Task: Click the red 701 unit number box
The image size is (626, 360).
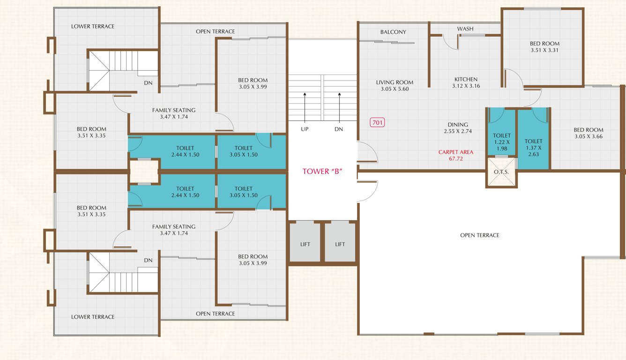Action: click(x=377, y=123)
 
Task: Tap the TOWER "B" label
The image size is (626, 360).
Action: click(x=323, y=172)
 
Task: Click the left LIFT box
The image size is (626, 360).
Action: click(x=305, y=244)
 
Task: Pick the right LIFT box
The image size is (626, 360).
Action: click(x=340, y=244)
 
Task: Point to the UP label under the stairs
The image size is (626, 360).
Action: click(x=305, y=129)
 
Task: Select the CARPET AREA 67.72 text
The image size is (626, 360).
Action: click(x=455, y=155)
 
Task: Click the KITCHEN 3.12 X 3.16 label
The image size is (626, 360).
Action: click(x=466, y=82)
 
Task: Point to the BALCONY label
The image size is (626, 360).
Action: click(x=393, y=32)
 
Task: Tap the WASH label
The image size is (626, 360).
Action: click(x=465, y=29)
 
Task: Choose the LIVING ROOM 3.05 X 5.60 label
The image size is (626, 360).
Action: click(x=395, y=85)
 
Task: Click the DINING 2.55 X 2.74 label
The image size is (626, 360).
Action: click(x=457, y=128)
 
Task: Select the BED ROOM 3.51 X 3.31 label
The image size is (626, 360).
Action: click(x=544, y=46)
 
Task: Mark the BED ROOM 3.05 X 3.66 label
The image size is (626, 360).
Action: click(x=588, y=133)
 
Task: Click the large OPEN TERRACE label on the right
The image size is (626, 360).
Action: click(x=479, y=235)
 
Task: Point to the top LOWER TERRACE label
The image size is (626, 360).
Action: click(x=93, y=26)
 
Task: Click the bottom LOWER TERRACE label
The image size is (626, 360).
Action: click(x=93, y=317)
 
